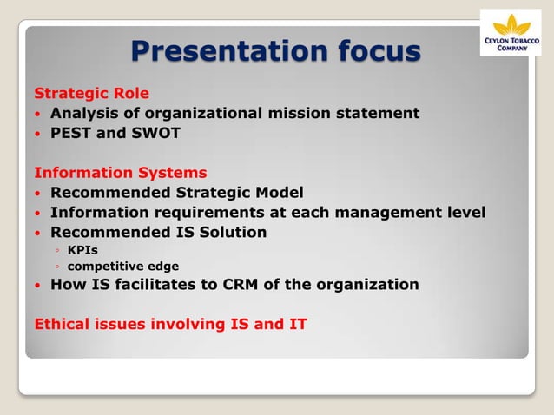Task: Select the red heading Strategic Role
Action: [x=91, y=94]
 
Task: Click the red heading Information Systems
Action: [x=120, y=173]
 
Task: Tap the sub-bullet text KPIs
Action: [x=82, y=251]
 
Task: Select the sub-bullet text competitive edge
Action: [x=123, y=267]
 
